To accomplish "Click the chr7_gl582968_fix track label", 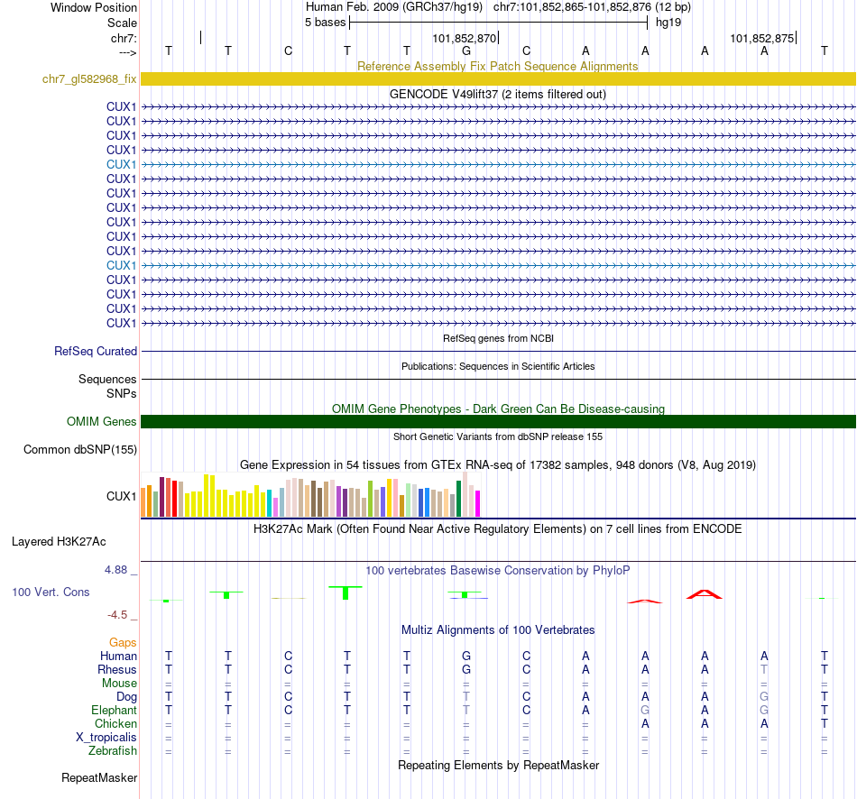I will click(89, 78).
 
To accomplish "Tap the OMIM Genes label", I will click(101, 421).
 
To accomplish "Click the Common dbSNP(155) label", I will click(80, 449).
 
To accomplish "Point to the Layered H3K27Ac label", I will click(59, 542).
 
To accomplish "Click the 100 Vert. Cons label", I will click(51, 592).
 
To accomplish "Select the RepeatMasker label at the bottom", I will click(99, 777).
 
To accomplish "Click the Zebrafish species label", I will click(113, 750).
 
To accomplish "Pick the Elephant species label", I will click(114, 710).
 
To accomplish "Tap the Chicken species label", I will click(115, 723).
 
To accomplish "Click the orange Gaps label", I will click(123, 642).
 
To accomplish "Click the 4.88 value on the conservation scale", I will click(117, 570).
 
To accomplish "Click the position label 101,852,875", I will click(761, 39).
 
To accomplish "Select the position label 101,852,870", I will click(464, 39).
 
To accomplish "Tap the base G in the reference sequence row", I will click(466, 51).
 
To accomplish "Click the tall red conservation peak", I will click(704, 593).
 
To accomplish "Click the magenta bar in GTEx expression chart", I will click(478, 503).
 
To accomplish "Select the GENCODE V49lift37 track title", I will click(497, 94).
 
